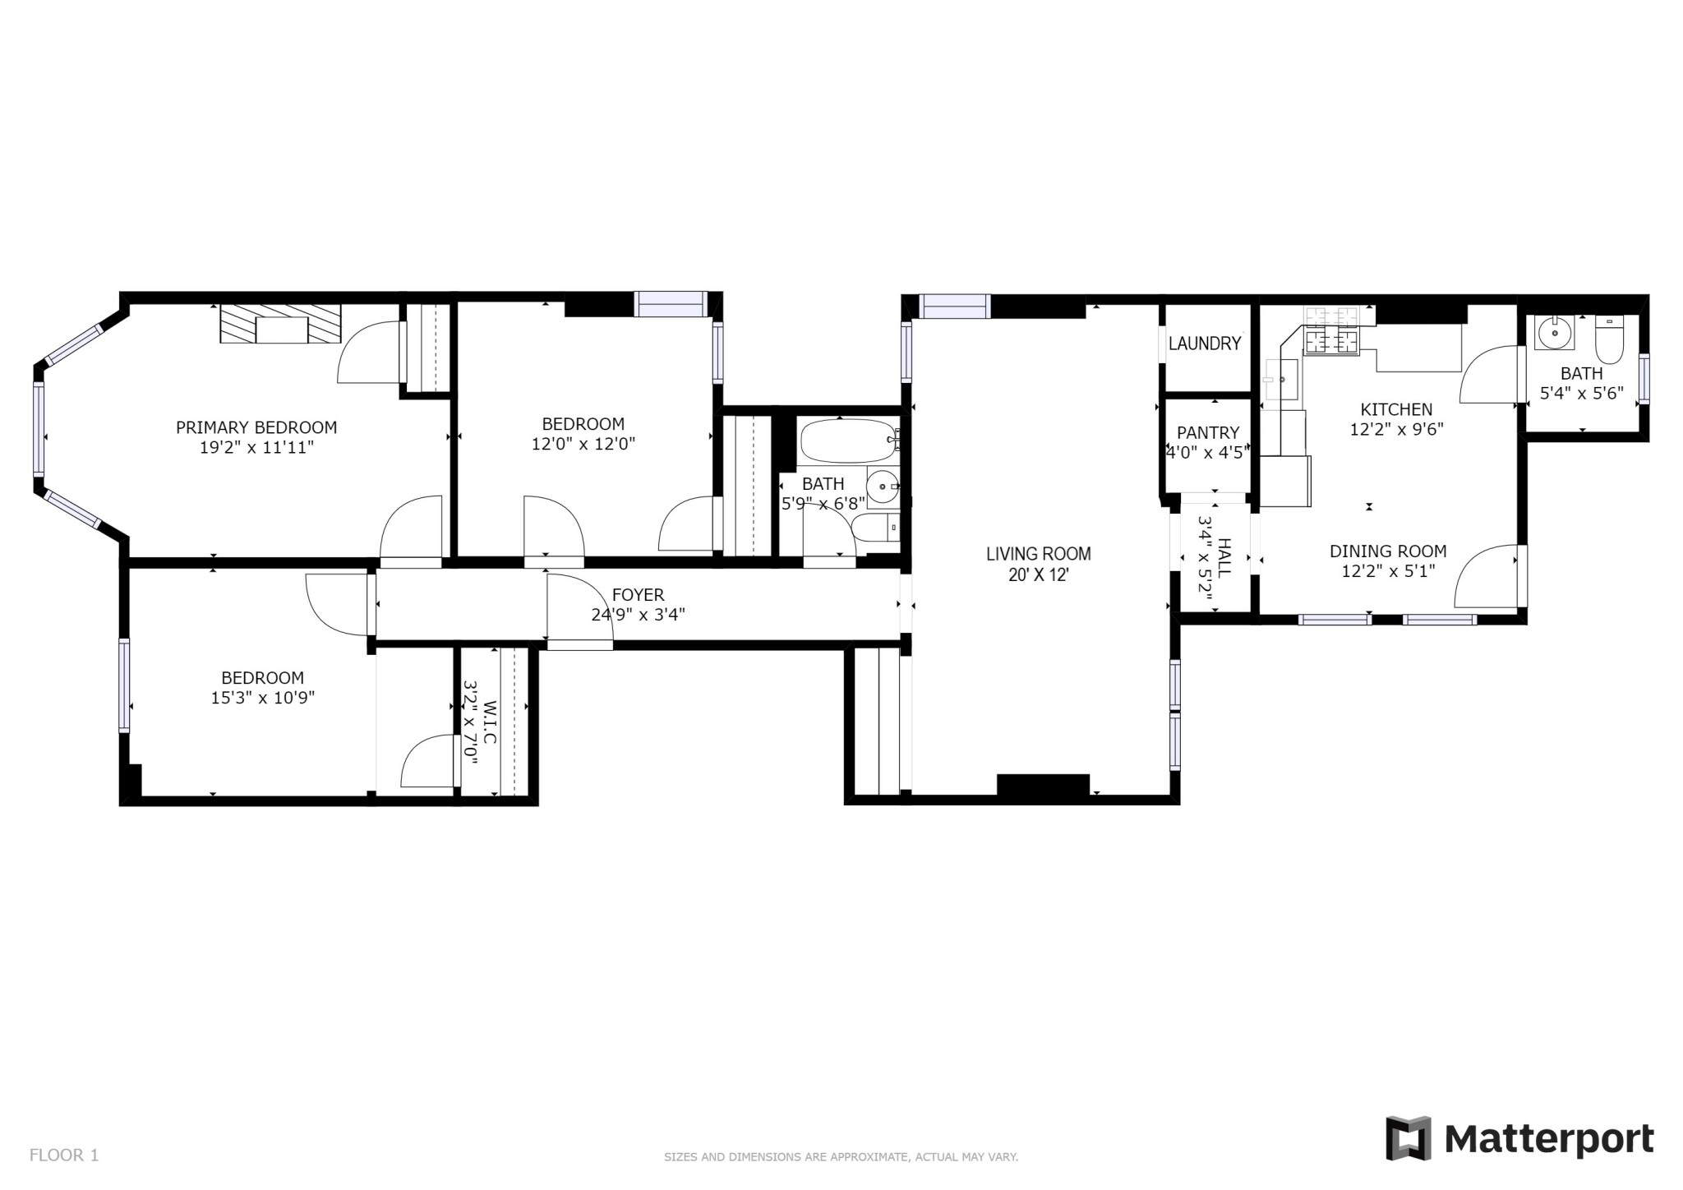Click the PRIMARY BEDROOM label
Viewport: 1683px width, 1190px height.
(256, 427)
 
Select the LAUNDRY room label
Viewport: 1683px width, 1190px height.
(1204, 344)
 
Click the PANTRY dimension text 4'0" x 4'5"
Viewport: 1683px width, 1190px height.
(1207, 451)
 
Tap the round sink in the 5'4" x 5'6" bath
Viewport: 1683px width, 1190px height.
(1553, 334)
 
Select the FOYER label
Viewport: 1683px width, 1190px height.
(638, 594)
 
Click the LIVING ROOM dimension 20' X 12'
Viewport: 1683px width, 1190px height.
(1038, 574)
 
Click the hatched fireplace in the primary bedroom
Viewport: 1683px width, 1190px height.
(280, 323)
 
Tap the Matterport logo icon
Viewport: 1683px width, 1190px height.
(1409, 1137)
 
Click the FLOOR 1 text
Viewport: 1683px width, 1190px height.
(64, 1155)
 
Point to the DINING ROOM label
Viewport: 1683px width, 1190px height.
(1387, 551)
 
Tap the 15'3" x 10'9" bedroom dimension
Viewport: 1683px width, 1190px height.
(263, 698)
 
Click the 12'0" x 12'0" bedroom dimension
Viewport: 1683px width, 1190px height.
(583, 444)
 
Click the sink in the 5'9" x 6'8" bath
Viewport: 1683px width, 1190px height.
(883, 487)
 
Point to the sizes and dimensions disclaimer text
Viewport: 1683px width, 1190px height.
(841, 1157)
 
